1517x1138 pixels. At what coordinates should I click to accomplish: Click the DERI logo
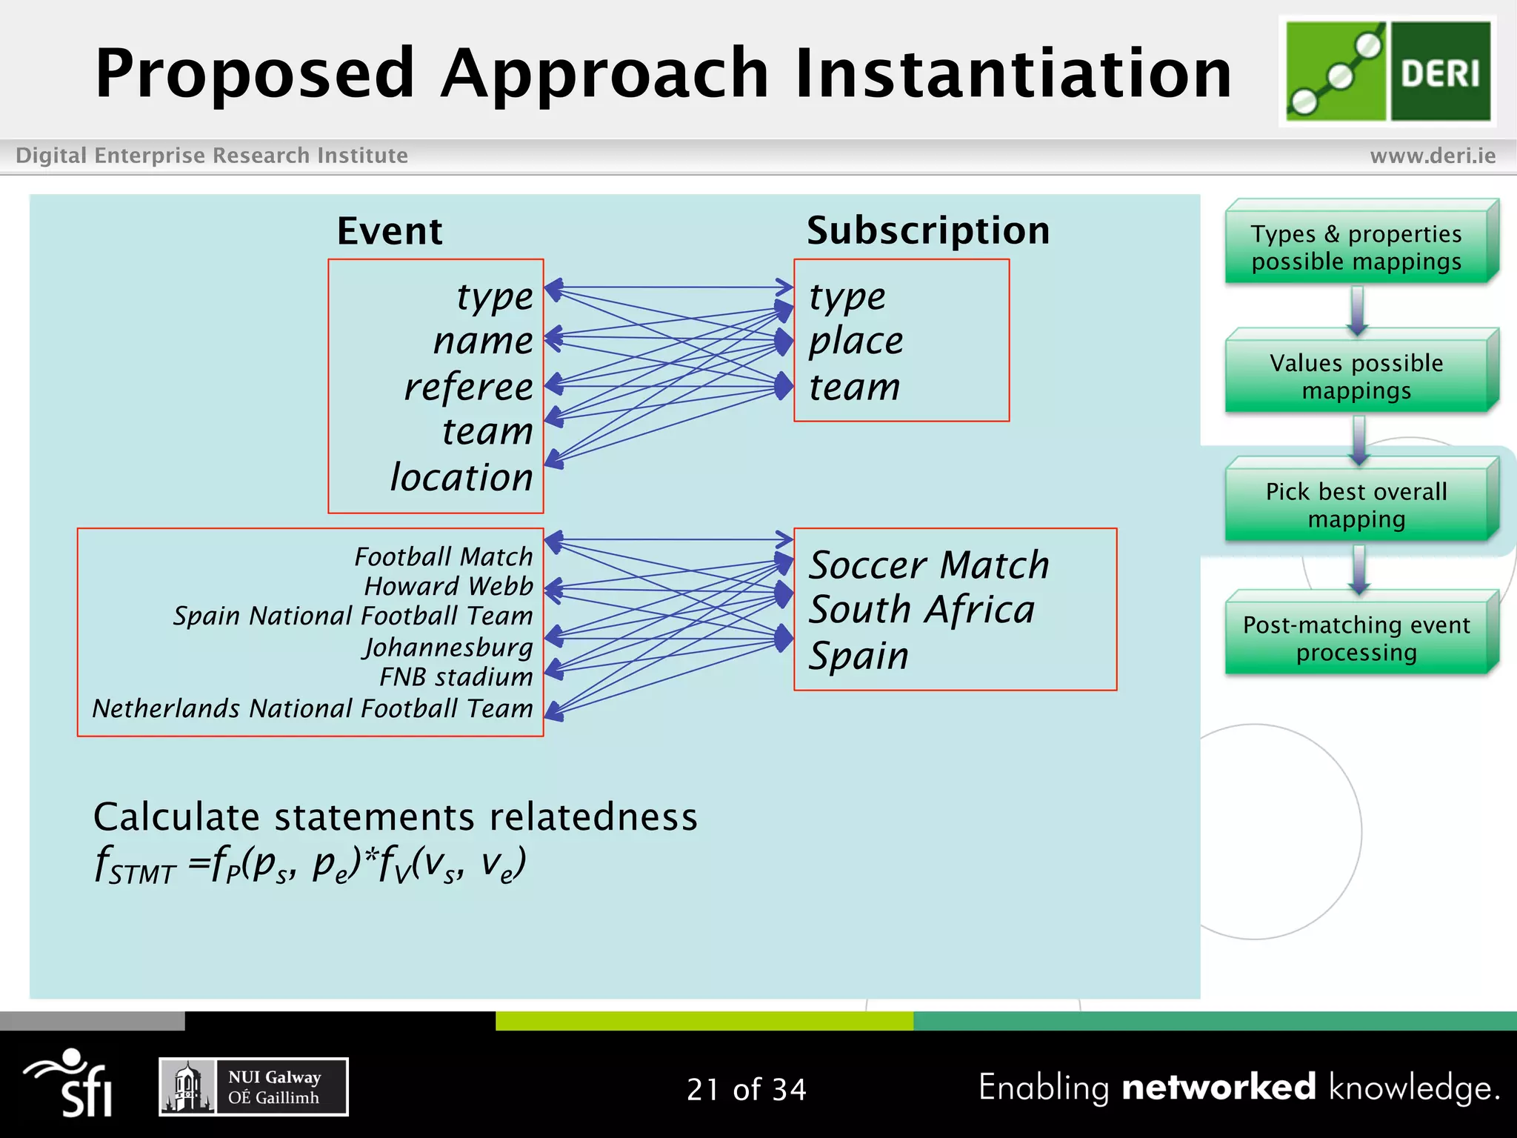click(x=1387, y=71)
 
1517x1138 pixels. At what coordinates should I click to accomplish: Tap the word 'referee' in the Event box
click(x=468, y=387)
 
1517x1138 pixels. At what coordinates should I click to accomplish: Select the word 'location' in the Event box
click(x=461, y=477)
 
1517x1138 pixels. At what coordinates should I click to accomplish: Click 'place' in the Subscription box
click(x=856, y=342)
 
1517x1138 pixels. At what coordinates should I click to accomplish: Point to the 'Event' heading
click(x=390, y=231)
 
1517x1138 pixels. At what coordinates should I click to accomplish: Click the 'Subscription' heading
click(x=928, y=230)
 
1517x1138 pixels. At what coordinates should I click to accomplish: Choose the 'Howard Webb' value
click(x=448, y=586)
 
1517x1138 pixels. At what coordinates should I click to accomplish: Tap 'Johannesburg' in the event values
click(x=447, y=648)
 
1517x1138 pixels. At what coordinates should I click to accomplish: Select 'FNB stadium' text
click(x=456, y=677)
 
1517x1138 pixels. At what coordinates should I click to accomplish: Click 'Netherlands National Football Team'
click(x=313, y=709)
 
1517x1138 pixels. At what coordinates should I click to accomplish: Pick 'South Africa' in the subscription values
click(x=921, y=610)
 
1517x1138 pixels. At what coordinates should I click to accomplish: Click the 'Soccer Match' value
click(x=929, y=565)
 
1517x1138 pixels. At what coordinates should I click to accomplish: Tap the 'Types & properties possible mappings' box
click(x=1356, y=247)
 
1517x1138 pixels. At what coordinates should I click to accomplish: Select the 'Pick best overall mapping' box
click(x=1356, y=505)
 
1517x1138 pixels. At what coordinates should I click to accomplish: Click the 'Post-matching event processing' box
click(x=1356, y=638)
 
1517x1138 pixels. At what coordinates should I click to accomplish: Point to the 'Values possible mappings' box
click(x=1356, y=376)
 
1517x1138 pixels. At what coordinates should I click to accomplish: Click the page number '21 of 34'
click(x=746, y=1089)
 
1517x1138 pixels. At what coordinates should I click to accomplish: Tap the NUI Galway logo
click(x=253, y=1087)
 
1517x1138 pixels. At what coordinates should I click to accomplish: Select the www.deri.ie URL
click(x=1433, y=156)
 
